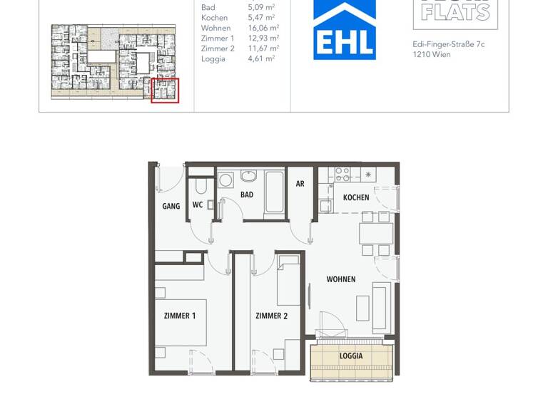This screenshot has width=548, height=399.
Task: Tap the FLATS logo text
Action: click(x=455, y=11)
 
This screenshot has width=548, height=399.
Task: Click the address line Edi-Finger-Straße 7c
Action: click(x=449, y=44)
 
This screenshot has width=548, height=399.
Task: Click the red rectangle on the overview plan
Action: click(x=165, y=90)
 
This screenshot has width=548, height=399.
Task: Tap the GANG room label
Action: click(x=171, y=206)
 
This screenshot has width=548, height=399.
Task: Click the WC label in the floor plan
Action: click(x=198, y=205)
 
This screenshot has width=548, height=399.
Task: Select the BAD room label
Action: click(x=247, y=195)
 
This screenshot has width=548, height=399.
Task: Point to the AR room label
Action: click(x=300, y=184)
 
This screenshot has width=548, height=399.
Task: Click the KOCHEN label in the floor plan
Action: click(x=356, y=197)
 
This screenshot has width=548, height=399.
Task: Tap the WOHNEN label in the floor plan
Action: click(x=341, y=279)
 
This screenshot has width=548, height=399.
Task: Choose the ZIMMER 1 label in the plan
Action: click(x=180, y=316)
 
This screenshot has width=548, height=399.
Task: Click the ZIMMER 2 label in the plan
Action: click(x=271, y=316)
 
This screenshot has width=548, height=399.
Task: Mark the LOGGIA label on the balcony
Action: click(x=351, y=356)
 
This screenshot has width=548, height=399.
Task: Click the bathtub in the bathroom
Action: click(x=274, y=191)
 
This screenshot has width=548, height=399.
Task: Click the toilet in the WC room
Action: click(x=201, y=187)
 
